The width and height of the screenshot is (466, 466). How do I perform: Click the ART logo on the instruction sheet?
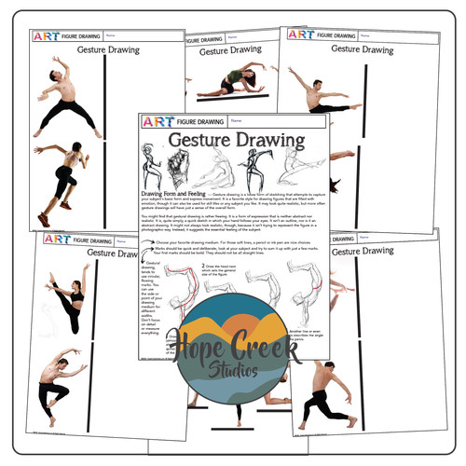pyautogui.click(x=153, y=121)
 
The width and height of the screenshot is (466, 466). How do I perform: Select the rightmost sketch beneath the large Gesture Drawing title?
pyautogui.click(x=294, y=171)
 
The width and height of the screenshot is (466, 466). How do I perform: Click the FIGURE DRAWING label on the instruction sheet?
pyautogui.click(x=197, y=121)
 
